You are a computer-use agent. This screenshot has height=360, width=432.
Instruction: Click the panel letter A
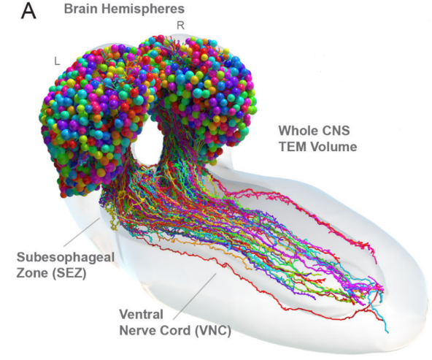[x=28, y=11]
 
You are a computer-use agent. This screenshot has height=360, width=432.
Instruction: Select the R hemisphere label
[x=180, y=26]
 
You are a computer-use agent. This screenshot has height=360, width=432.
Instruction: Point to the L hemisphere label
[x=57, y=61]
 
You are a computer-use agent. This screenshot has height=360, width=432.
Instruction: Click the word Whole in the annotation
[x=297, y=131]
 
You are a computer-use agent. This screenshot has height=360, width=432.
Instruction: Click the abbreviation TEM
[x=292, y=146]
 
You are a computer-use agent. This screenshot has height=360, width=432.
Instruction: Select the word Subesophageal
[x=66, y=258]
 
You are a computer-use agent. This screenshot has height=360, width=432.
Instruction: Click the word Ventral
[x=141, y=314]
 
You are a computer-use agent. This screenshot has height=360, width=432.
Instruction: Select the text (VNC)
[x=213, y=330]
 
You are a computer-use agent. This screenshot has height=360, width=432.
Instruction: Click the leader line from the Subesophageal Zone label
[x=82, y=232]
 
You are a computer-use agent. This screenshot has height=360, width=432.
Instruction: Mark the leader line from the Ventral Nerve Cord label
[x=195, y=296]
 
